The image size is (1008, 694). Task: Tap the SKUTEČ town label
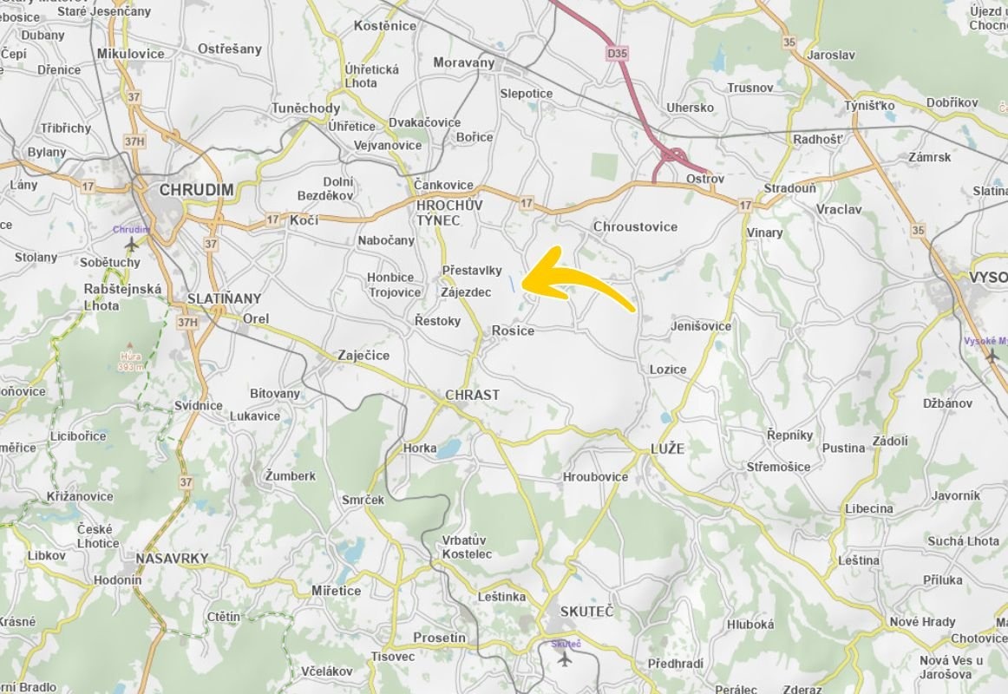pyautogui.click(x=586, y=612)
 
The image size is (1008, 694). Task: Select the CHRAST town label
pyautogui.click(x=472, y=395)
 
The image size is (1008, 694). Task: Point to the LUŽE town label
pyautogui.click(x=667, y=448)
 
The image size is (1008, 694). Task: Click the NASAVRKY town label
pyautogui.click(x=172, y=559)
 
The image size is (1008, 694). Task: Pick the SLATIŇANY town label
pyautogui.click(x=224, y=298)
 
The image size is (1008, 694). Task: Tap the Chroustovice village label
pyautogui.click(x=635, y=226)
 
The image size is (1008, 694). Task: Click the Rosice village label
pyautogui.click(x=513, y=331)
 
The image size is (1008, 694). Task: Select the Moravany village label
pyautogui.click(x=463, y=62)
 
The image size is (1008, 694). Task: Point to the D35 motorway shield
pyautogui.click(x=617, y=54)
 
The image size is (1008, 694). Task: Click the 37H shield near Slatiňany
pyautogui.click(x=187, y=323)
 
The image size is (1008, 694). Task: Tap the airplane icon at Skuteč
pyautogui.click(x=565, y=658)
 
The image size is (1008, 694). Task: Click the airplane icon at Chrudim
pyautogui.click(x=131, y=245)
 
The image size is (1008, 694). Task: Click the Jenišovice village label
pyautogui.click(x=701, y=326)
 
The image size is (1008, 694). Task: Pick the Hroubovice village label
pyautogui.click(x=595, y=477)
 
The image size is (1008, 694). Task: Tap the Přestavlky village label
pyautogui.click(x=472, y=271)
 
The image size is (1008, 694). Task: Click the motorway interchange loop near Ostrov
pyautogui.click(x=671, y=158)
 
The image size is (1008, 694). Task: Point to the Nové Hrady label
pyautogui.click(x=922, y=621)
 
